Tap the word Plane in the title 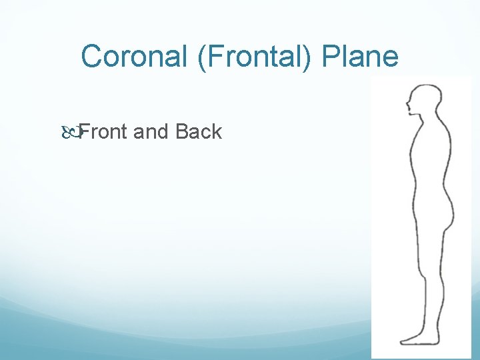tap(360, 57)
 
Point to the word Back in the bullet tap(199, 132)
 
